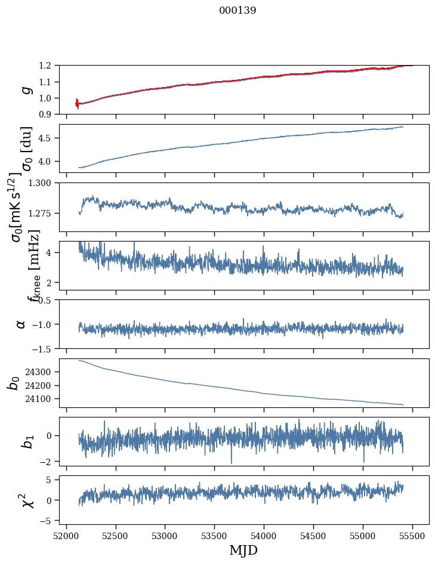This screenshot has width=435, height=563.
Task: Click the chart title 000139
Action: [237, 11]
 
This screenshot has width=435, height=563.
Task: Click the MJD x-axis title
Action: [243, 550]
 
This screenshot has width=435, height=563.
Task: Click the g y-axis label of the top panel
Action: [25, 89]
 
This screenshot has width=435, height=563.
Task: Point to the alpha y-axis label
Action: [21, 324]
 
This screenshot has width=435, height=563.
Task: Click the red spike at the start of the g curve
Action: [77, 103]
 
